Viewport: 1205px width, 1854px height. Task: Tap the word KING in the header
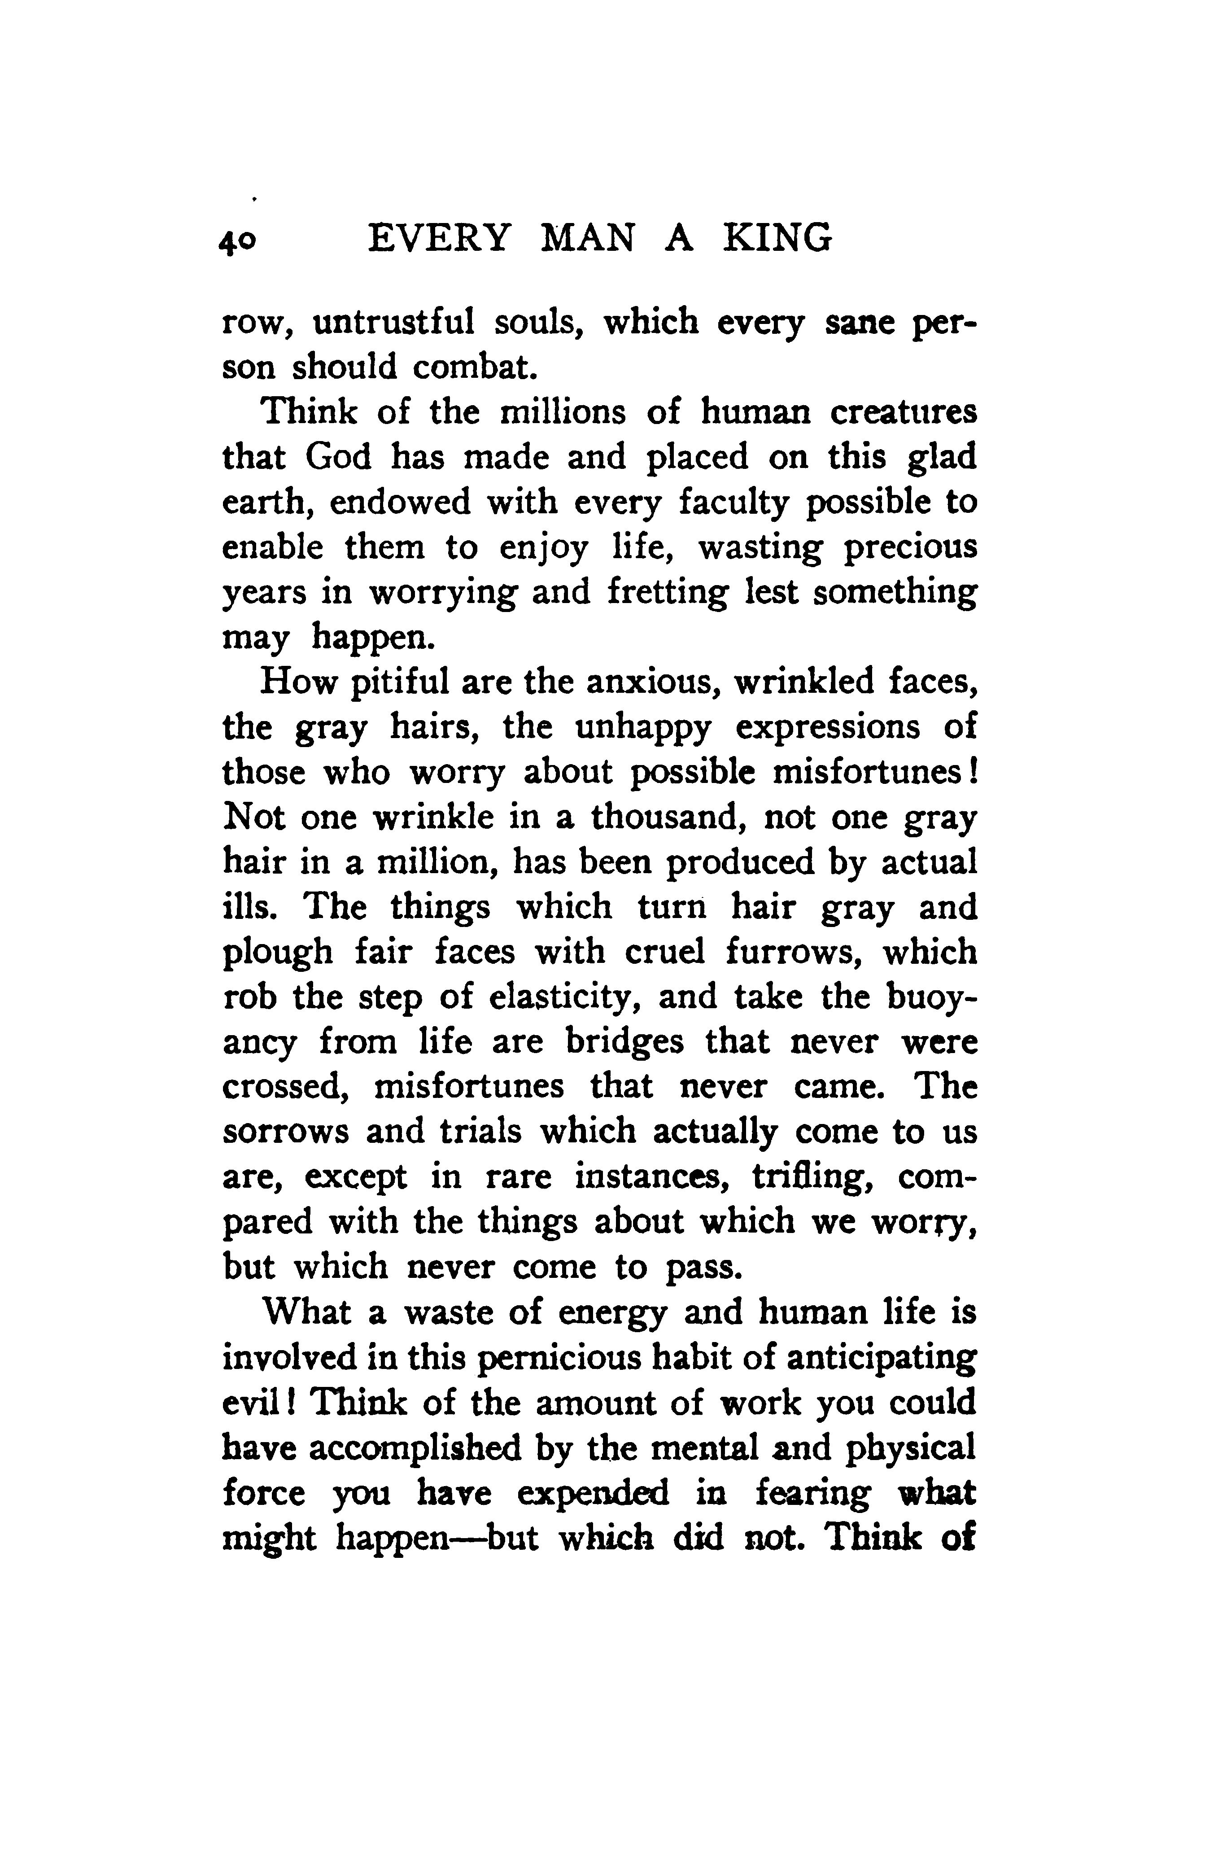click(777, 238)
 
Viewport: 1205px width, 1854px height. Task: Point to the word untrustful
click(393, 322)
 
